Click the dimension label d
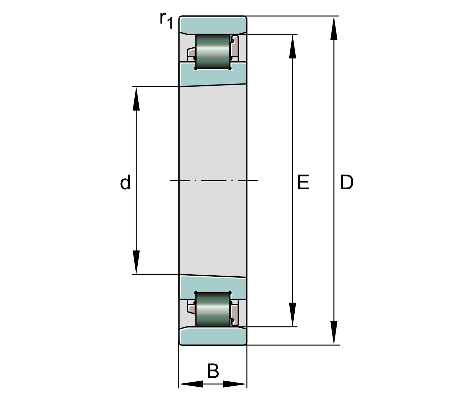125,183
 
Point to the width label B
213,371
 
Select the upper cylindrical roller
213,52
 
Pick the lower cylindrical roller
213,310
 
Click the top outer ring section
213,24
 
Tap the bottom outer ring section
213,336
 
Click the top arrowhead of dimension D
334,28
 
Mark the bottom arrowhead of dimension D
334,332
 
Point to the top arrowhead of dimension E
292,47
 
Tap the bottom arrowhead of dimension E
292,314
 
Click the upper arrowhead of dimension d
136,99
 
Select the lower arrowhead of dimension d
136,262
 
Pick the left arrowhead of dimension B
191,384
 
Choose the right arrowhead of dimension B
235,384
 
